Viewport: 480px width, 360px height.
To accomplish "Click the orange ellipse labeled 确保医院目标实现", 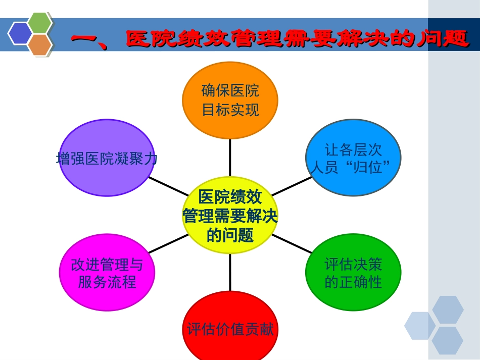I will pyautogui.click(x=230, y=100).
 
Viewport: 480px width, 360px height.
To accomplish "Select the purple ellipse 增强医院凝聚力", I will pyautogui.click(x=107, y=158).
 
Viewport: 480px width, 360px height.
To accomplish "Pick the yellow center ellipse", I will pyautogui.click(x=230, y=215).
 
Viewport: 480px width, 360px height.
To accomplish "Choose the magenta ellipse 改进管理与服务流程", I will pyautogui.click(x=107, y=272).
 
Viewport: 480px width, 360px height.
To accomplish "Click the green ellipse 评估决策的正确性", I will pyautogui.click(x=353, y=272).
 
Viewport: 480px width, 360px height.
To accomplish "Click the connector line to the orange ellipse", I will pyautogui.click(x=230, y=157).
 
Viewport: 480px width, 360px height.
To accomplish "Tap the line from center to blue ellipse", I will pyautogui.click(x=292, y=186).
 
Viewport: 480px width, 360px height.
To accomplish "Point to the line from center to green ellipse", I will pyautogui.click(x=292, y=243).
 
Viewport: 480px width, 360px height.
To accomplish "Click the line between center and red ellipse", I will pyautogui.click(x=230, y=273).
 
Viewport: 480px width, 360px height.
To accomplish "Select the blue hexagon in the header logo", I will pyautogui.click(x=20, y=33).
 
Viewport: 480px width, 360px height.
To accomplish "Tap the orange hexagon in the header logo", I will pyautogui.click(x=40, y=44).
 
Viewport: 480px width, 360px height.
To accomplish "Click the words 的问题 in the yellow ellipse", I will pyautogui.click(x=230, y=235).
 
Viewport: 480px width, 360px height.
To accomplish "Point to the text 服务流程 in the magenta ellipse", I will pyautogui.click(x=107, y=281).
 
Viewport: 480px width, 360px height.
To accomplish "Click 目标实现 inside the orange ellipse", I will pyautogui.click(x=230, y=110).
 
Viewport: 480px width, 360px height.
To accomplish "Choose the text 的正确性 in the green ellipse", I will pyautogui.click(x=353, y=281).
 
